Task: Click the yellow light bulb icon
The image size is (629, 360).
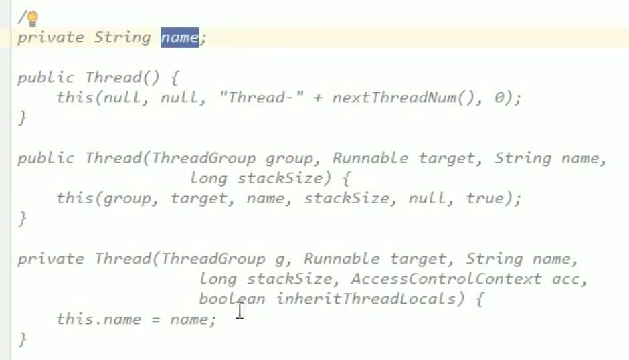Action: click(x=32, y=19)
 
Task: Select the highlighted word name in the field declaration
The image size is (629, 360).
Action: click(x=179, y=37)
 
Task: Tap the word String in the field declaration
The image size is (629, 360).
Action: click(x=122, y=37)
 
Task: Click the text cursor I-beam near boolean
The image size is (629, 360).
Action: click(x=240, y=310)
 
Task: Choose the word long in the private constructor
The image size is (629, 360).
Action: click(x=218, y=279)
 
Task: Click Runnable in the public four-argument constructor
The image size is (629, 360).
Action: click(x=370, y=159)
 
